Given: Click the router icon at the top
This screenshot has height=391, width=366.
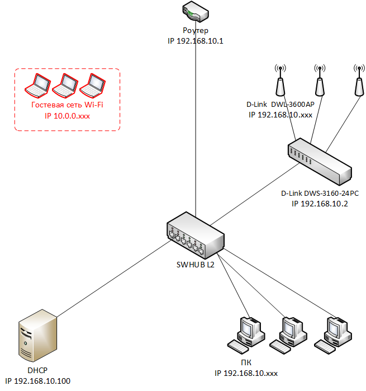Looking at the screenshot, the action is point(196,12).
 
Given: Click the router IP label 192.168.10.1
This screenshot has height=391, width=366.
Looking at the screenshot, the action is point(196,41).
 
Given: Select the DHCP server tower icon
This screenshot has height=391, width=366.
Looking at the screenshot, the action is point(37,336).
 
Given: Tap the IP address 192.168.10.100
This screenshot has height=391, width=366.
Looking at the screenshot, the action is point(37,381).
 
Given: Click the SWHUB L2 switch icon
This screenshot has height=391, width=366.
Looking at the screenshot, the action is point(196,235).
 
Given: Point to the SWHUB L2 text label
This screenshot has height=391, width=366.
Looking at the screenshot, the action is point(196,265).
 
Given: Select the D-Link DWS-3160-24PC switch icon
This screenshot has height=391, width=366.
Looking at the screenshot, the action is point(320,162).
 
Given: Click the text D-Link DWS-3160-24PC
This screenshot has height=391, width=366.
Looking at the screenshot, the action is point(320,193).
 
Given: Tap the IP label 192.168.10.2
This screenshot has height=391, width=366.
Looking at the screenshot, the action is point(320,204).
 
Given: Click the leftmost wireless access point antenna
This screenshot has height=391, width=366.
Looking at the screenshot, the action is point(281,81).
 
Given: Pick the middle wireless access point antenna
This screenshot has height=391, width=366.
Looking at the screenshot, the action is point(320,81).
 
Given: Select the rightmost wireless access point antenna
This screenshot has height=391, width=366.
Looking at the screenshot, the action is point(359,81).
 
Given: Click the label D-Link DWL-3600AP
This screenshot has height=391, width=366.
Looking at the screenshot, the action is point(281,104).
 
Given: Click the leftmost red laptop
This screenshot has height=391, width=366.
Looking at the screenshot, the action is point(37,86).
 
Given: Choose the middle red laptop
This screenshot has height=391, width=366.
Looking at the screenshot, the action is point(65,86).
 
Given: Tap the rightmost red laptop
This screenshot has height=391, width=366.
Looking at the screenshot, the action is point(92,86).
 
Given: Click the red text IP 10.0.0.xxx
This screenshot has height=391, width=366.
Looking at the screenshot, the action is point(67,116).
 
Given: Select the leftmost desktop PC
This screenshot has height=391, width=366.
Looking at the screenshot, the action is point(246,336).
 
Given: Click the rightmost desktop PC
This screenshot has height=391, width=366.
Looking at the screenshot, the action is point(333,336).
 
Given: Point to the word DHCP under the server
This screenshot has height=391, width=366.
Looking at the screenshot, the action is point(37,370).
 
